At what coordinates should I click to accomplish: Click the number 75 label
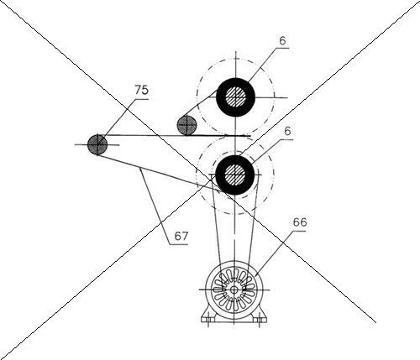tap(141, 90)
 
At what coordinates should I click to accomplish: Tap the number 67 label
tap(181, 236)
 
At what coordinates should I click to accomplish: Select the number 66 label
tap(300, 222)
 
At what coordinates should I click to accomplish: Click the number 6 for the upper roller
tap(283, 41)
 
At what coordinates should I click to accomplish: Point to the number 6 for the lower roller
tap(287, 131)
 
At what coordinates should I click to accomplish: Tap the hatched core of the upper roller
tap(235, 97)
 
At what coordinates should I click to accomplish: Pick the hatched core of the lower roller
tap(235, 175)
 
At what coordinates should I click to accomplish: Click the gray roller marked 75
tap(97, 144)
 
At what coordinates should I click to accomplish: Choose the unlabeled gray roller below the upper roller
tap(186, 125)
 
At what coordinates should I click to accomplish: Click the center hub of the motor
tap(234, 290)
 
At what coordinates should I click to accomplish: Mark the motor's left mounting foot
tap(207, 316)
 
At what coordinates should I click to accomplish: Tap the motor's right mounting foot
tap(260, 316)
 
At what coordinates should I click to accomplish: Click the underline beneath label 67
tap(179, 244)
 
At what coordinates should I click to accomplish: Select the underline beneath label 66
tap(297, 231)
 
